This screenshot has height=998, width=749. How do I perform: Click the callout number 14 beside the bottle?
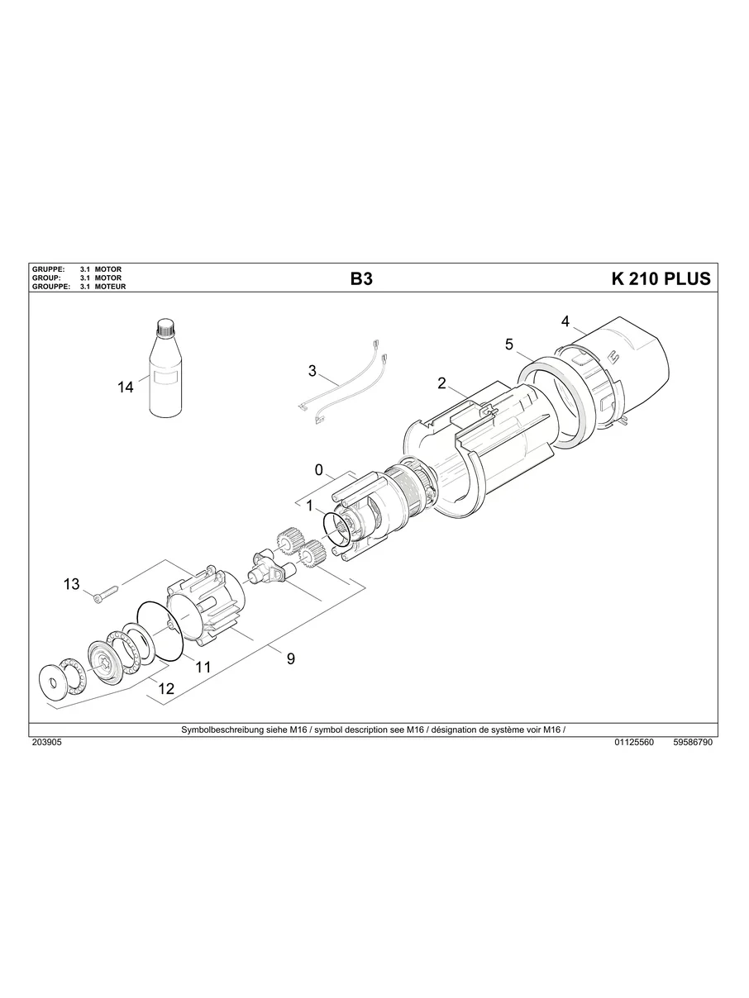click(125, 387)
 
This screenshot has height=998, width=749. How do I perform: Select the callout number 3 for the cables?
click(312, 371)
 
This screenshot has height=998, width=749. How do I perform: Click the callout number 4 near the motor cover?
click(565, 321)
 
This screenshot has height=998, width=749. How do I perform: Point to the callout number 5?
click(509, 344)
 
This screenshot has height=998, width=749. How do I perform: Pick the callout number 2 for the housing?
click(441, 383)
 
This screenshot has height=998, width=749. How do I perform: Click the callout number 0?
click(318, 469)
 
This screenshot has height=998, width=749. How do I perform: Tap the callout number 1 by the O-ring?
click(308, 504)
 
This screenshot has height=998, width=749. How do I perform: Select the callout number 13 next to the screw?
click(72, 584)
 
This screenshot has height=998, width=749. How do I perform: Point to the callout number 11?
click(203, 666)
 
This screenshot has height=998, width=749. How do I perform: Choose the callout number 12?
click(166, 687)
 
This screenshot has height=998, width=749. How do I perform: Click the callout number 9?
click(290, 658)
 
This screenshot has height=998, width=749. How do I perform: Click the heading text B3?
click(361, 279)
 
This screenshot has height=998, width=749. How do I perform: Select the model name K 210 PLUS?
click(660, 279)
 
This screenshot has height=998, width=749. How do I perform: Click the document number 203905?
click(45, 743)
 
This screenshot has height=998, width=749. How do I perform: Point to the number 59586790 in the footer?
click(693, 743)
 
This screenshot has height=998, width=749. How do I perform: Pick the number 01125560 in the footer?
click(634, 743)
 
